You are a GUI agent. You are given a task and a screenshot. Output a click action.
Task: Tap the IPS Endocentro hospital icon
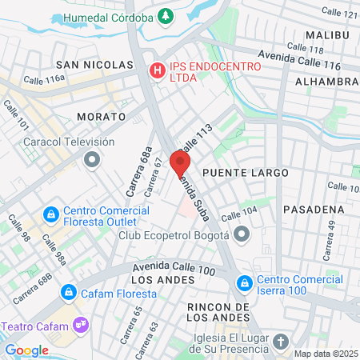pos(158,71)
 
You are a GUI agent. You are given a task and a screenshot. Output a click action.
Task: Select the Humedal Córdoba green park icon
pos(165,16)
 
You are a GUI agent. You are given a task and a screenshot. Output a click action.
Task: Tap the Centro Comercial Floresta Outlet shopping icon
pos(50,214)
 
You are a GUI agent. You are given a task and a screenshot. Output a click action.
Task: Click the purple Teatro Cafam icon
pos(80,326)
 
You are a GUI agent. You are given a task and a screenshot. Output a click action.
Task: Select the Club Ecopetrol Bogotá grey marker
pos(242,235)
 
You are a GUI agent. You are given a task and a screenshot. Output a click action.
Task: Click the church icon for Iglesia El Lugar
pos(281,342)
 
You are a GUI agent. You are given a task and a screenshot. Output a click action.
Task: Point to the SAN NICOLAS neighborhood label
pos(94,64)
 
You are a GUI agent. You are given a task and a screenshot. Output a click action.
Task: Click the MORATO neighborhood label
pos(101,116)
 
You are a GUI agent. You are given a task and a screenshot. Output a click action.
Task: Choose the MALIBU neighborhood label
pos(327,35)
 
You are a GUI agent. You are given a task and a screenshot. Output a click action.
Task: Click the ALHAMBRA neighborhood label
pos(326,82)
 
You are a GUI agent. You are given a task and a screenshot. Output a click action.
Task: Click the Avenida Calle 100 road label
pos(174,270)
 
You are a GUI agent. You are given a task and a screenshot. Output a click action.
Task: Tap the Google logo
pos(27,350)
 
